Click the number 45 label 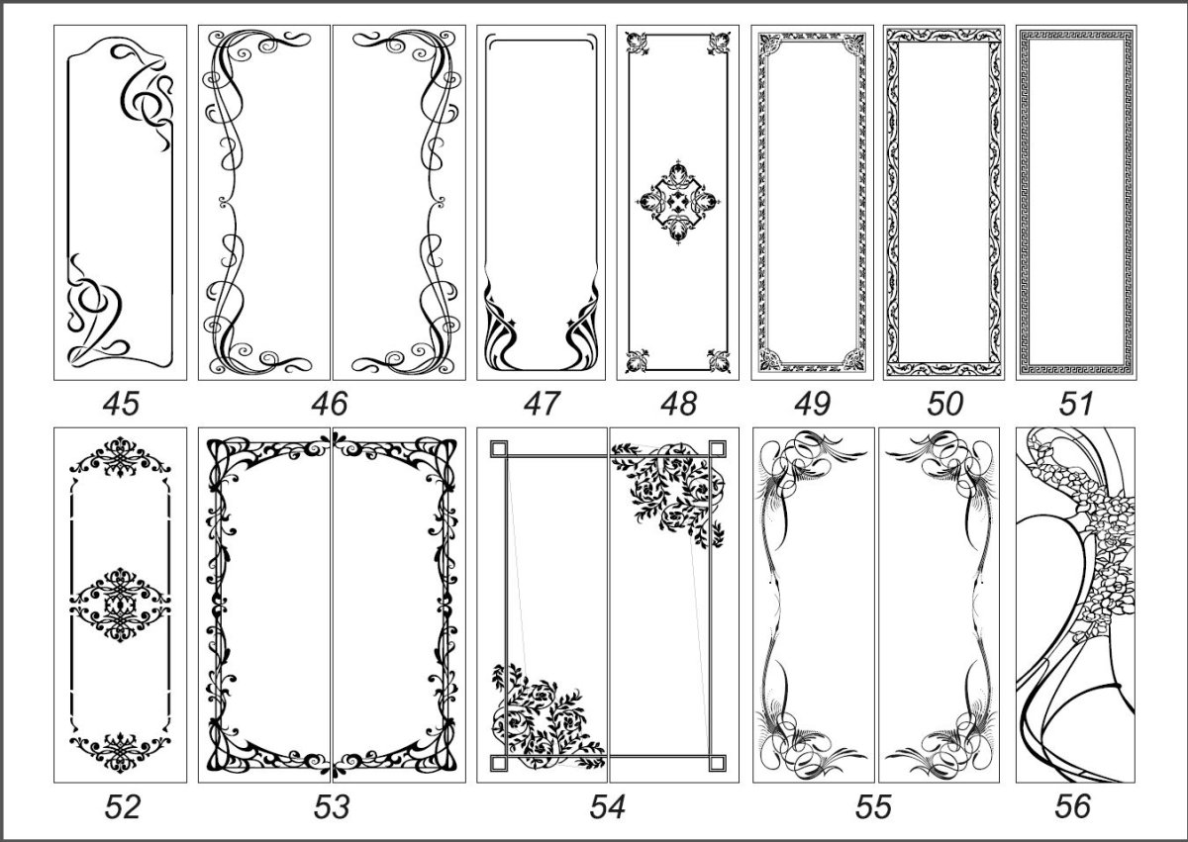pyautogui.click(x=121, y=404)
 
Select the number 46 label pyautogui.click(x=330, y=404)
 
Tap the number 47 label pyautogui.click(x=541, y=404)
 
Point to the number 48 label pyautogui.click(x=678, y=404)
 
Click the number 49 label pyautogui.click(x=812, y=404)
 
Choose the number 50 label pyautogui.click(x=944, y=404)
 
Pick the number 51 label pyautogui.click(x=1076, y=404)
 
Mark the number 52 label pyautogui.click(x=122, y=807)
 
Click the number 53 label pyautogui.click(x=332, y=807)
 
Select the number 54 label pyautogui.click(x=607, y=807)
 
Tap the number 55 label pyautogui.click(x=873, y=807)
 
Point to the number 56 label pyautogui.click(x=1072, y=807)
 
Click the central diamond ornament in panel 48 pyautogui.click(x=678, y=202)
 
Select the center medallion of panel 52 pyautogui.click(x=121, y=605)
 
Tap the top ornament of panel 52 pyautogui.click(x=121, y=457)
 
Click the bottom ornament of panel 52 pyautogui.click(x=121, y=752)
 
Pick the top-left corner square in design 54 pyautogui.click(x=499, y=449)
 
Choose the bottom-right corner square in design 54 pyautogui.click(x=717, y=764)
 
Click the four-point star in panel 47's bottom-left pyautogui.click(x=513, y=323)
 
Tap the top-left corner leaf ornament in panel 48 pyautogui.click(x=635, y=43)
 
